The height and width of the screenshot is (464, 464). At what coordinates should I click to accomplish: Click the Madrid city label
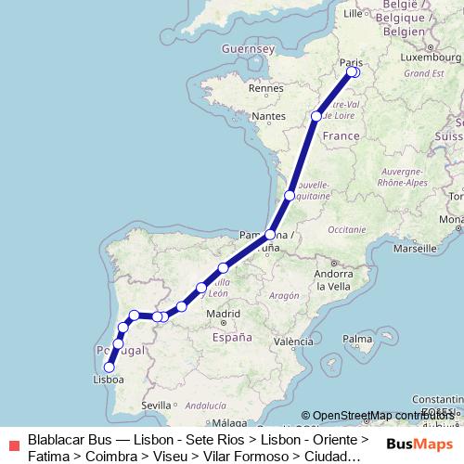point(223,315)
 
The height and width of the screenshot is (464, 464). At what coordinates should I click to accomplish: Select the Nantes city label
point(267,116)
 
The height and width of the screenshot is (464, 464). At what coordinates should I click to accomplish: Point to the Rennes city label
point(264,88)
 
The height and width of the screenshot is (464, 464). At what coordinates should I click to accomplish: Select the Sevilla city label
point(158,405)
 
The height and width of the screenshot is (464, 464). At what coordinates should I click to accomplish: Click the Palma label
point(356,340)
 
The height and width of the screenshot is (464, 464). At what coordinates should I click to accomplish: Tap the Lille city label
point(353,14)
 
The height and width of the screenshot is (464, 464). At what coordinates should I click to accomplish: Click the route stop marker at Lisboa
point(110,367)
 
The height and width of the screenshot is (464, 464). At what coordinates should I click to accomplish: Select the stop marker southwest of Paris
point(316,116)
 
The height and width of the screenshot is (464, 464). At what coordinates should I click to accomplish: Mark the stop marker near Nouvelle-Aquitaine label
point(290,196)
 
